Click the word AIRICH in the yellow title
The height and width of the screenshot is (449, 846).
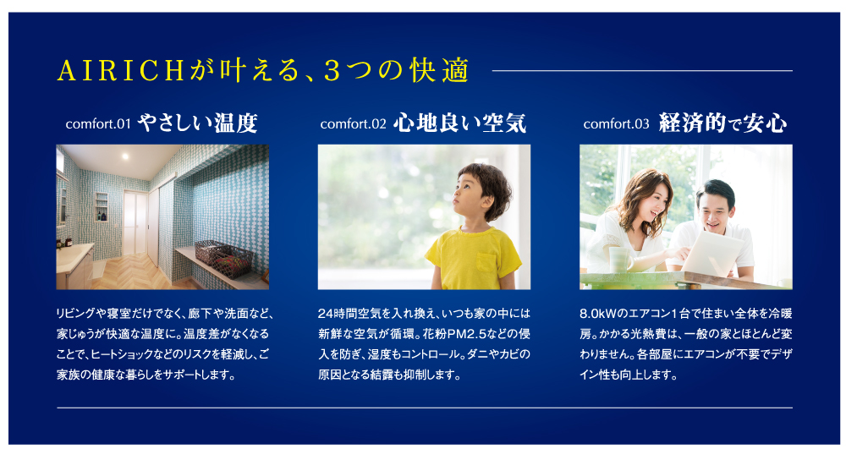tap(121, 71)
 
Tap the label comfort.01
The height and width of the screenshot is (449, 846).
tap(98, 124)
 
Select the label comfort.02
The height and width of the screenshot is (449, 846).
tap(354, 124)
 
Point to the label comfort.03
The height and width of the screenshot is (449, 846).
tap(616, 124)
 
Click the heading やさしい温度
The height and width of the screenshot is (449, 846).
tap(197, 123)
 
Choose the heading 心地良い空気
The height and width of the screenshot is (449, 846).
tap(459, 123)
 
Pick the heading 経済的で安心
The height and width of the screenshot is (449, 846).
tap(722, 123)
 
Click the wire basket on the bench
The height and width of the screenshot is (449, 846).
tap(224, 258)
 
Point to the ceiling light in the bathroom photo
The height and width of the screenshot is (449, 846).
tap(125, 156)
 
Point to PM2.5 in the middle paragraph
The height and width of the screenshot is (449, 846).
tap(469, 334)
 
